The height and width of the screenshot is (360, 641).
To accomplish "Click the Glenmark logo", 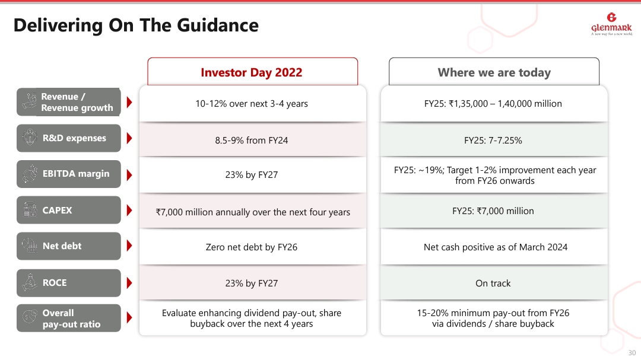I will coord(611,24).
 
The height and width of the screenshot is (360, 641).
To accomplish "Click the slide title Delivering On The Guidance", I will coord(136,26).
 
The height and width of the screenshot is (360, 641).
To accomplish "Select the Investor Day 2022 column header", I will coord(252,72).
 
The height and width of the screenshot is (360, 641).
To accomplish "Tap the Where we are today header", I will coord(494,72).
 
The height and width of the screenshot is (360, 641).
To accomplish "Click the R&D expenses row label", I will coord(74,138).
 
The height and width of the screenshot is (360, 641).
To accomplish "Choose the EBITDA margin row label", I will coord(75,174).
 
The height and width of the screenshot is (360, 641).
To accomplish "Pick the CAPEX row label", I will coord(58,211).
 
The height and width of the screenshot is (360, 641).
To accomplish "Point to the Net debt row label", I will coord(62,246).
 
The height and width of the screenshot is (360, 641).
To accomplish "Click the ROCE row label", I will coord(55,283).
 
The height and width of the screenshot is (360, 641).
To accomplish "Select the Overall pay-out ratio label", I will coord(71,318).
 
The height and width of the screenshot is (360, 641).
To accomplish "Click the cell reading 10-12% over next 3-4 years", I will coord(252,104).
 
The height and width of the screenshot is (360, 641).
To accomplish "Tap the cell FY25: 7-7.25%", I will coord(493,141).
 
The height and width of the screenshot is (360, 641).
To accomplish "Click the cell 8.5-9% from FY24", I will coord(252,141).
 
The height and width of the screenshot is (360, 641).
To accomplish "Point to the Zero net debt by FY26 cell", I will coord(252,247).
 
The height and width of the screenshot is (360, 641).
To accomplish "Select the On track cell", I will coord(493,283).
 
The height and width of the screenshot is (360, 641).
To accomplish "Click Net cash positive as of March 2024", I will coord(495,247).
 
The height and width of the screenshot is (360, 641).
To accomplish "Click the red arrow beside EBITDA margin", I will coord(129,174).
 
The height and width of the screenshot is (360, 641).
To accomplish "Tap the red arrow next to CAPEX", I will coord(129,211).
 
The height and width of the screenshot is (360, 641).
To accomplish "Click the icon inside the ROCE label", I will coord(28,283).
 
